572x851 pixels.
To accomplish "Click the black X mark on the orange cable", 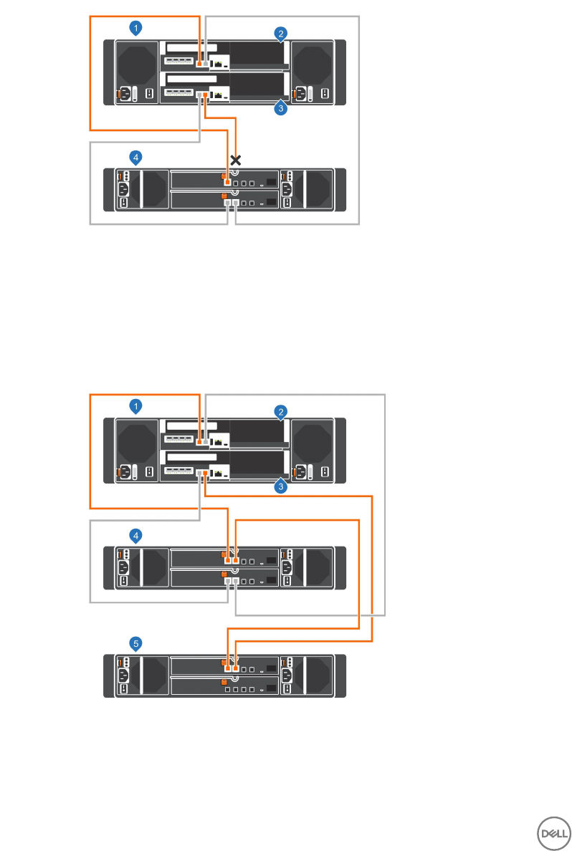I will tap(234, 159).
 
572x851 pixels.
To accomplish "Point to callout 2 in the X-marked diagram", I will tap(282, 34).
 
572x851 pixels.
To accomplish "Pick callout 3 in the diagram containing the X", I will tap(282, 110).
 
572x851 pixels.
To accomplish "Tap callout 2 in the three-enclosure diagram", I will tap(282, 412).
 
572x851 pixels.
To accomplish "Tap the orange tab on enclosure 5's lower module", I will tap(224, 681).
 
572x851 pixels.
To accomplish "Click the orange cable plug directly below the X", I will tap(227, 183).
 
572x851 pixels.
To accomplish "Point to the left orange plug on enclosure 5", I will tap(227, 668).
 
